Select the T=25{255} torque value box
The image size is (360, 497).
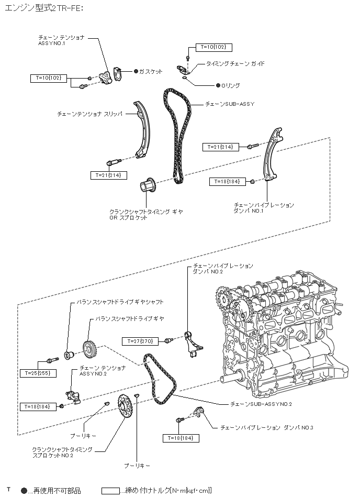point(38,373)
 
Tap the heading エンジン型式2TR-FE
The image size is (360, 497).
point(43,9)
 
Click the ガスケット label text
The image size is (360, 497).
point(151,71)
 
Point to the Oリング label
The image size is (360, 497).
point(230,85)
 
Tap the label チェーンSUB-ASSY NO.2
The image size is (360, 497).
point(261,404)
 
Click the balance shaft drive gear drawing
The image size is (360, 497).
point(89,349)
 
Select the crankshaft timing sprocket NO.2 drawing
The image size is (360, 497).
point(124,406)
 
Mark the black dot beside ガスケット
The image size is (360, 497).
point(136,71)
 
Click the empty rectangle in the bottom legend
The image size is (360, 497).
point(111,491)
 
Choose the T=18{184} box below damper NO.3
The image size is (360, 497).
point(181,438)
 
